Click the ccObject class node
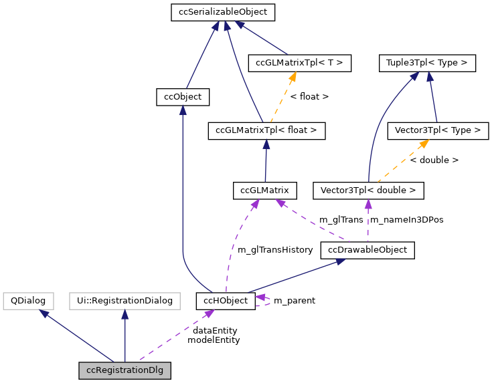183,97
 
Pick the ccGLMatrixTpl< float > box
266,130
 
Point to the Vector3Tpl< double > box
368,190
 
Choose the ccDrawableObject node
367,250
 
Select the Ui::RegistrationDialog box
125,300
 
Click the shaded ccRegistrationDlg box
125,370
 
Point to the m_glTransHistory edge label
275,249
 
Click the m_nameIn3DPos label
406,219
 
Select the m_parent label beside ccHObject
295,300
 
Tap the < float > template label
309,97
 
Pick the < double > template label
434,160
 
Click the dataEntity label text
214,330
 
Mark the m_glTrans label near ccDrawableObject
341,219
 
